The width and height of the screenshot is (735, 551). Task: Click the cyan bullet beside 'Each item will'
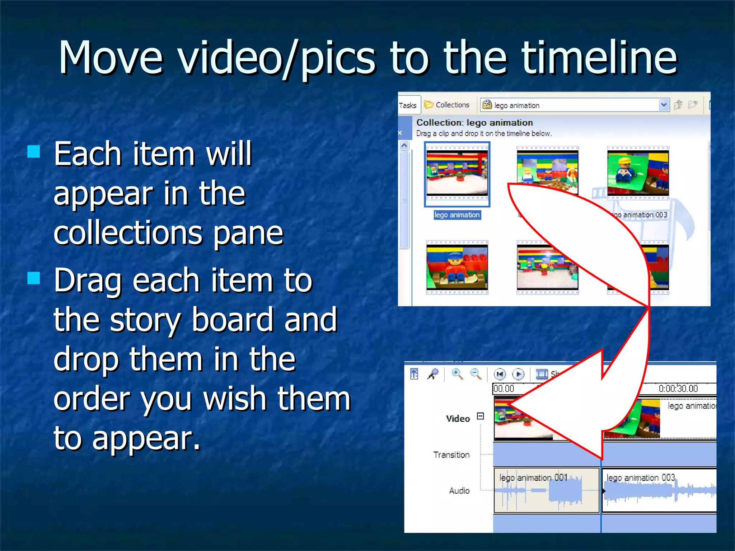tap(34, 152)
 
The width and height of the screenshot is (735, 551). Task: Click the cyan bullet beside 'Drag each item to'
tap(34, 278)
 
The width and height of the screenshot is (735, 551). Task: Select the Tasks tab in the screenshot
tap(408, 105)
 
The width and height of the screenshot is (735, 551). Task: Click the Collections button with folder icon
tap(447, 105)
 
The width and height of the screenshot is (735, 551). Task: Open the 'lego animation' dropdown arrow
tap(664, 105)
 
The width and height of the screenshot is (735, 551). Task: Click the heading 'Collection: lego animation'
tap(474, 123)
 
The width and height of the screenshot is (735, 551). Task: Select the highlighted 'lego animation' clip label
tap(457, 215)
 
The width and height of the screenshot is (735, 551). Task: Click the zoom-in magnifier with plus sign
tap(457, 374)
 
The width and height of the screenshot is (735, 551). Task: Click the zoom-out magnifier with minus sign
tap(476, 374)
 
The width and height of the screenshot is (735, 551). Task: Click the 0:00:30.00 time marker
tap(678, 388)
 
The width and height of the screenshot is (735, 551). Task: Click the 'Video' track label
tap(458, 419)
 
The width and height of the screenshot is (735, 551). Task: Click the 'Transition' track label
tap(451, 455)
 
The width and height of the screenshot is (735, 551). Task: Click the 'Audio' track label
tap(459, 491)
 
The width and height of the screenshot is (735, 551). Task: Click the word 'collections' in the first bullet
tap(128, 233)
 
